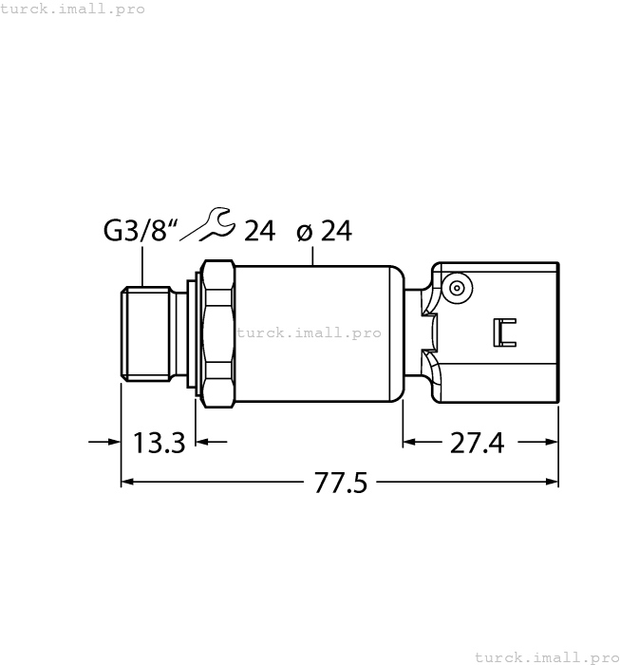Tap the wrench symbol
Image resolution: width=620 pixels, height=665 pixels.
(208, 224)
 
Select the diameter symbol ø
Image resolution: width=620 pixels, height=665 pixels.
(304, 231)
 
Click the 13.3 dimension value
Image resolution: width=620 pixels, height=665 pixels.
(159, 443)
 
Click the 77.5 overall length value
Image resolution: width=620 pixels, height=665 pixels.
(340, 483)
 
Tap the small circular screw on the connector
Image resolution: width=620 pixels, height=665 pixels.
(459, 288)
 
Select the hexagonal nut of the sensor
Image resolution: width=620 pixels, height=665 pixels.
(217, 332)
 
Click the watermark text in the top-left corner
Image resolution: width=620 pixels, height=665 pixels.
(73, 9)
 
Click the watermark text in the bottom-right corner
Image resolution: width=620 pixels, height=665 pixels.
(546, 656)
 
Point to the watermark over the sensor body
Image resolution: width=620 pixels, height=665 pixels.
(309, 332)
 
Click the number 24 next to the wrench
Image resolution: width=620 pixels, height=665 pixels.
(259, 231)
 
